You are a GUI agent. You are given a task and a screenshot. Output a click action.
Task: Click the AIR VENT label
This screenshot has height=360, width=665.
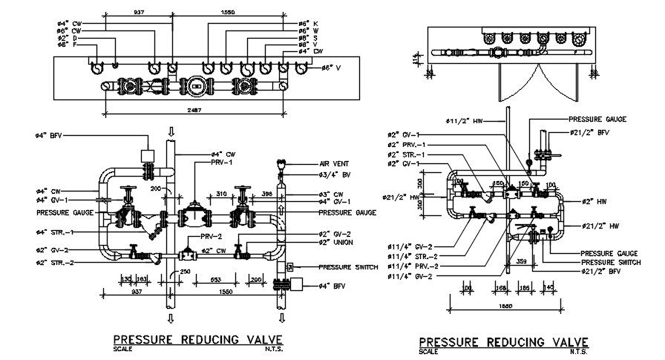click(x=334, y=163)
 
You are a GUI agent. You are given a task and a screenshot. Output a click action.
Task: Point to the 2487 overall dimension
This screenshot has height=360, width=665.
click(x=194, y=110)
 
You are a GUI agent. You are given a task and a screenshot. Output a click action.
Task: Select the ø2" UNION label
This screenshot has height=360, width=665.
click(x=334, y=242)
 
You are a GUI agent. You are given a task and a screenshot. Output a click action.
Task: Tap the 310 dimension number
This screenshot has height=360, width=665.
click(x=221, y=194)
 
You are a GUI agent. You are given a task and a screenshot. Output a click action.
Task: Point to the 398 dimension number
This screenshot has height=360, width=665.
click(x=267, y=194)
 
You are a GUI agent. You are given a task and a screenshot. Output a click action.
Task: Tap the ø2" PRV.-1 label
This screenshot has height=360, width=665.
click(x=407, y=144)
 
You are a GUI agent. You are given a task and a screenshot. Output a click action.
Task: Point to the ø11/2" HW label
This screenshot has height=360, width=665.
click(x=464, y=120)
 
